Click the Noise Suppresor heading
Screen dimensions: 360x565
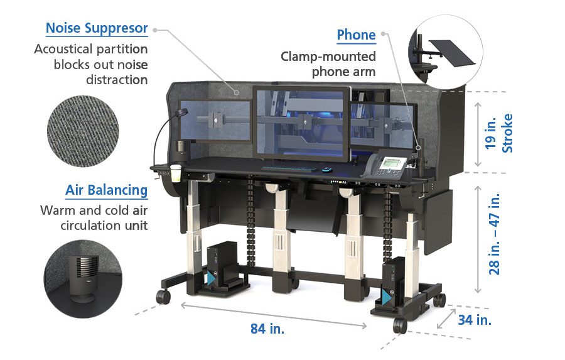pos(97,29)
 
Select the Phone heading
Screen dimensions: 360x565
pos(356,35)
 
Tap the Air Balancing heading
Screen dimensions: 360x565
pos(107,190)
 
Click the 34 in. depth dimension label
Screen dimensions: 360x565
pos(475,320)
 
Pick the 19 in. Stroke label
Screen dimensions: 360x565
pos(500,133)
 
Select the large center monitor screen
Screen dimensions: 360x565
pos(302,123)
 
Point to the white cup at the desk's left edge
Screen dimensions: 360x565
pos(176,173)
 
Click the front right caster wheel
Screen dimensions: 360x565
pos(399,325)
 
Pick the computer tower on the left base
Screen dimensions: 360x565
pos(223,268)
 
